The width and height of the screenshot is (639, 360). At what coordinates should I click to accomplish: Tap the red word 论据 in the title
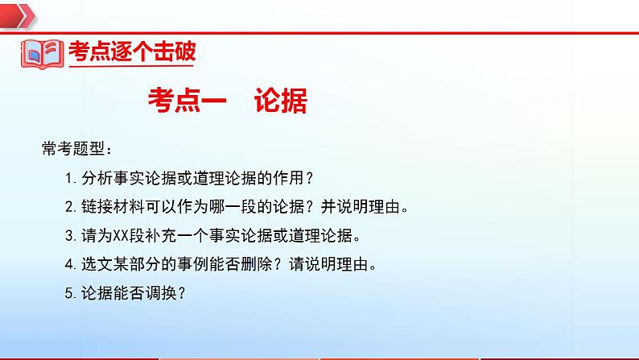[280, 101]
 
